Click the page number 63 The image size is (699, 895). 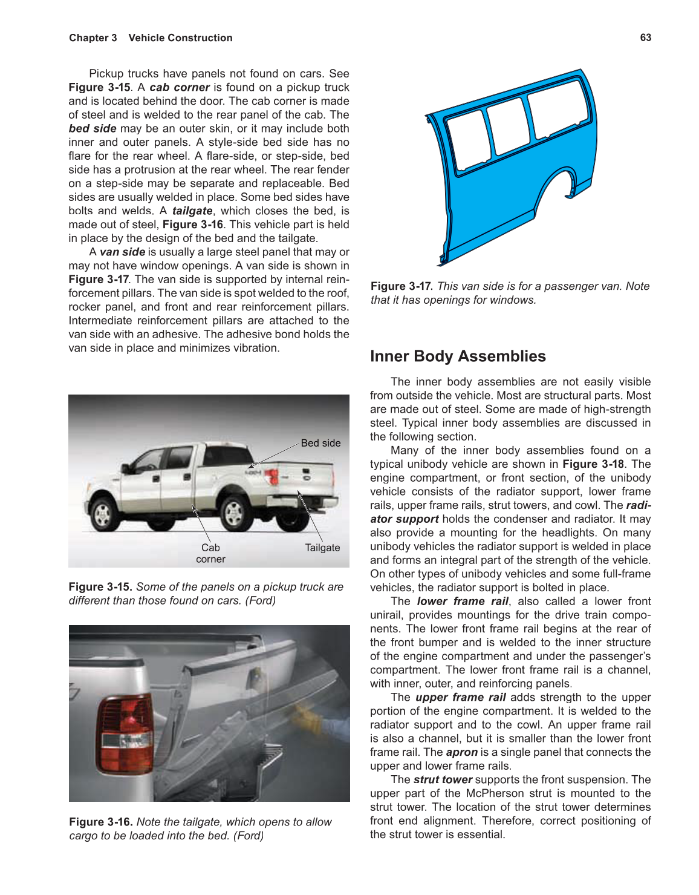(x=645, y=38)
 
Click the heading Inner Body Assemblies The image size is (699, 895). (x=458, y=356)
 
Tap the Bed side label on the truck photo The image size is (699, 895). (x=320, y=443)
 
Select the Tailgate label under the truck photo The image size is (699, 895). (x=322, y=548)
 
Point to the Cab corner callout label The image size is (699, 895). (x=210, y=553)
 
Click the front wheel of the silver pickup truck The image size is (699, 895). (x=102, y=514)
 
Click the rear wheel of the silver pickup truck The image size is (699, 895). (x=234, y=513)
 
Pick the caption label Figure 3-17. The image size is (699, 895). (x=402, y=286)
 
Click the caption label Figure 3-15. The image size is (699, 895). (x=100, y=587)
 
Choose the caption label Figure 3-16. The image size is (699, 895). (x=101, y=822)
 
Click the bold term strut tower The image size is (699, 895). (x=443, y=780)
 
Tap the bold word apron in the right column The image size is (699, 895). (x=461, y=752)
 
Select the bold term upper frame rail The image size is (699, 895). (x=460, y=697)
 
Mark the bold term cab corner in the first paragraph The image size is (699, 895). (x=179, y=87)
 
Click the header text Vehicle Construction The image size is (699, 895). (x=180, y=38)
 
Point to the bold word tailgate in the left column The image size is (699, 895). (x=192, y=211)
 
